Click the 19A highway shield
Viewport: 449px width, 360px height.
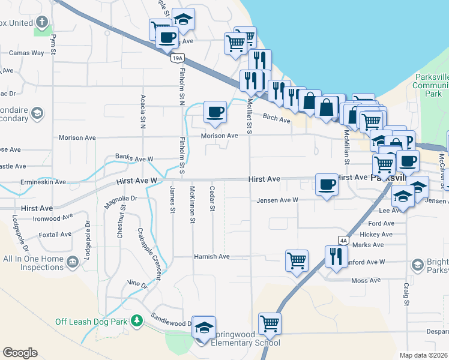click(x=176, y=58)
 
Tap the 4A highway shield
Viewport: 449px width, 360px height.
click(x=343, y=240)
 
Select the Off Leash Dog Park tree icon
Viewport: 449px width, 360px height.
click(x=137, y=321)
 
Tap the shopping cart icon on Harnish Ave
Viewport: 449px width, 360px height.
click(x=297, y=260)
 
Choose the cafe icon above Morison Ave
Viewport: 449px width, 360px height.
click(x=215, y=112)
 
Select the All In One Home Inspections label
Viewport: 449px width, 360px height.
click(x=32, y=263)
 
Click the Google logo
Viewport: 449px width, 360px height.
click(x=20, y=352)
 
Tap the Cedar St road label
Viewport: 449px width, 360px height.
click(x=212, y=199)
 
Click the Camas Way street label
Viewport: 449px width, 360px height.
click(x=26, y=53)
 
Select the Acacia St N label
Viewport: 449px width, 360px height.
click(x=143, y=111)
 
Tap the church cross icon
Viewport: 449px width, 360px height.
click(x=41, y=23)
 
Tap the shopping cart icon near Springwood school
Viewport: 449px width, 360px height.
click(x=270, y=323)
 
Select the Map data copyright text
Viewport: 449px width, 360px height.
click(x=424, y=355)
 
